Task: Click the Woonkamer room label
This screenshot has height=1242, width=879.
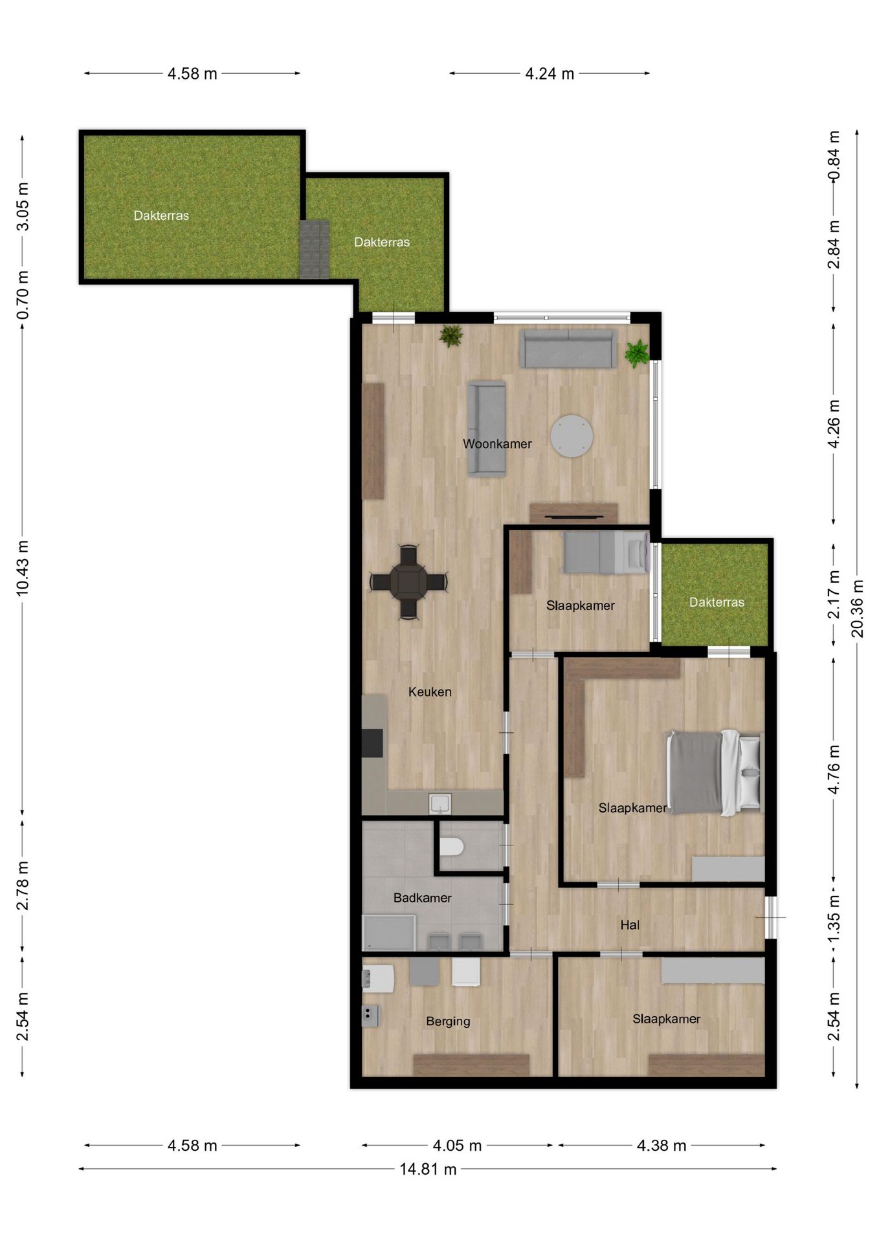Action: click(496, 444)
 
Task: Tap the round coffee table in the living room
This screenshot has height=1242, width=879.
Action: click(572, 436)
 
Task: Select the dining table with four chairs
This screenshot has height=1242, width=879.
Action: click(408, 582)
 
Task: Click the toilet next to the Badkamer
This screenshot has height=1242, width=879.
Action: click(452, 846)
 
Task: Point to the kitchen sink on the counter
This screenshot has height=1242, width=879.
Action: click(440, 803)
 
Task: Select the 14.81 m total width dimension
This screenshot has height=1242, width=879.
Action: click(427, 1169)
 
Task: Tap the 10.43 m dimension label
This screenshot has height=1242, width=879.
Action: click(23, 567)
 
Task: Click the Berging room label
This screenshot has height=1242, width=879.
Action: click(447, 1021)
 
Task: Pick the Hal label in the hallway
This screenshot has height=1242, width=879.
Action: click(629, 925)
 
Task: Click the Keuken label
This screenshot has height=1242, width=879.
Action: click(429, 692)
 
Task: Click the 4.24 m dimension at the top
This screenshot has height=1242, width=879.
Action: click(549, 74)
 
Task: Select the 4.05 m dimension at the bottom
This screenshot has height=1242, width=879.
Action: click(457, 1146)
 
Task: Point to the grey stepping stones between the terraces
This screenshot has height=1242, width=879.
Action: click(314, 250)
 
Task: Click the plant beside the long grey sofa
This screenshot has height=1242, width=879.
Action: click(637, 353)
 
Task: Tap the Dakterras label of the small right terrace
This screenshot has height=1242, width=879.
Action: click(716, 602)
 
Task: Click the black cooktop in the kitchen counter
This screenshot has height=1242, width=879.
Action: click(372, 743)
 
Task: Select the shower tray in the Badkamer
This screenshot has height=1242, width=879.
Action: click(388, 933)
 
